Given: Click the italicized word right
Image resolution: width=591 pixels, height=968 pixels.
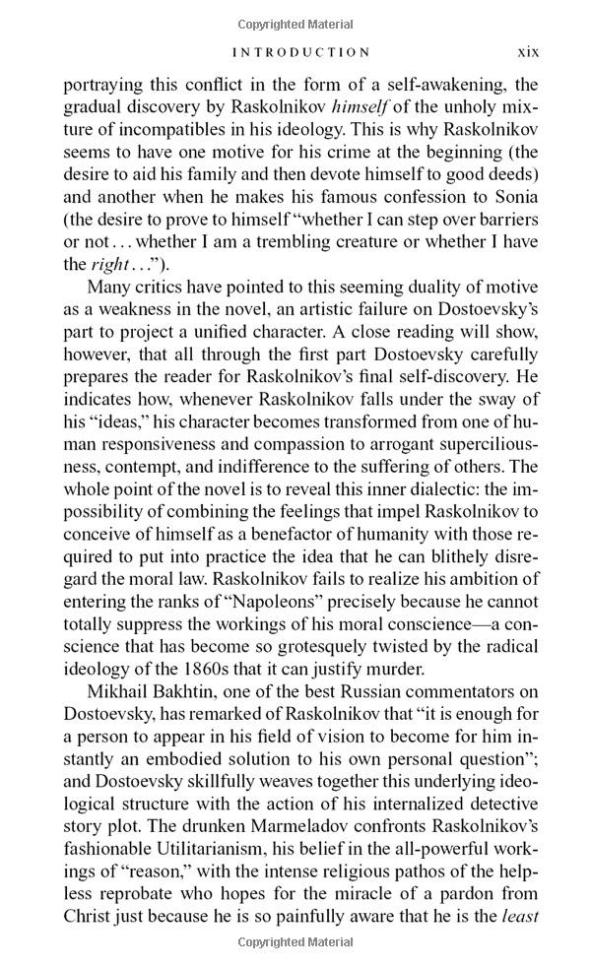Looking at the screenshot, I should [109, 264].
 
